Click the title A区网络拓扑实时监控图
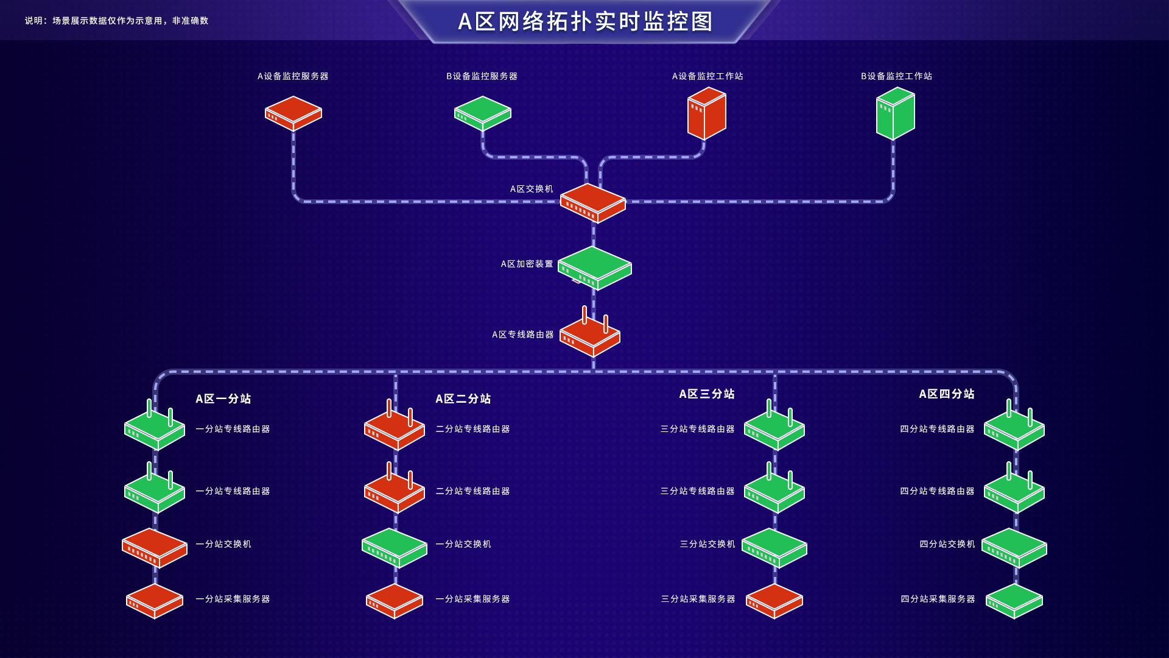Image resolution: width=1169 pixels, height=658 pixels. coord(584,21)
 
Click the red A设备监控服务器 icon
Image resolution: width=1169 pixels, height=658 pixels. coord(293,113)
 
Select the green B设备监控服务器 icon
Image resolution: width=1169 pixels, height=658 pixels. coord(482,113)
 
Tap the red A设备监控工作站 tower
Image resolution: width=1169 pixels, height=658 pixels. coord(706,114)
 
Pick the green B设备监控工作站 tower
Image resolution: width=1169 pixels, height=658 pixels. coord(895,114)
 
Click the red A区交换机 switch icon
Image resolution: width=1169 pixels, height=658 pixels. coord(593,203)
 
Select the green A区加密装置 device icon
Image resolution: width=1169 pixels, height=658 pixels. coord(594,268)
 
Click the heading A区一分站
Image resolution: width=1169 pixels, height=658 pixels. coord(223,398)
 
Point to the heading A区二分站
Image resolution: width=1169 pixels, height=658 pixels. coord(463,398)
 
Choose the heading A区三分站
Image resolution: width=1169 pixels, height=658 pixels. coord(707,394)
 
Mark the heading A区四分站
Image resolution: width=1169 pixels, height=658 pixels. coord(947,394)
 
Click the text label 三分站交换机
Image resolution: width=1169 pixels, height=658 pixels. coord(707,544)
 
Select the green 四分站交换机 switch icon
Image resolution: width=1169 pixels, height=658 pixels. coord(1014,547)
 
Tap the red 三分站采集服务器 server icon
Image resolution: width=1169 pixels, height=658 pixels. coord(774,601)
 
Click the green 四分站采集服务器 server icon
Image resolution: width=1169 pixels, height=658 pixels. coord(1014,601)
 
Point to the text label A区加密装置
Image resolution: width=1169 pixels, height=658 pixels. coord(527,264)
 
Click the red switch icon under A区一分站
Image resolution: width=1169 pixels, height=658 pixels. coord(155,547)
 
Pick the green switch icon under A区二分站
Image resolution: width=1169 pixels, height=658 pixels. coord(395,547)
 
